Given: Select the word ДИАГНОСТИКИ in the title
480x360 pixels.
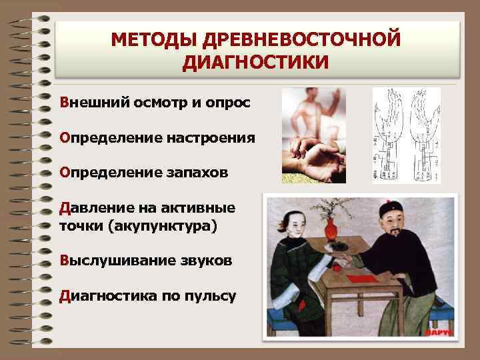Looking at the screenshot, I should tap(256, 63).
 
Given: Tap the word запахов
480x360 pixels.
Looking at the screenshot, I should tap(196, 172).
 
